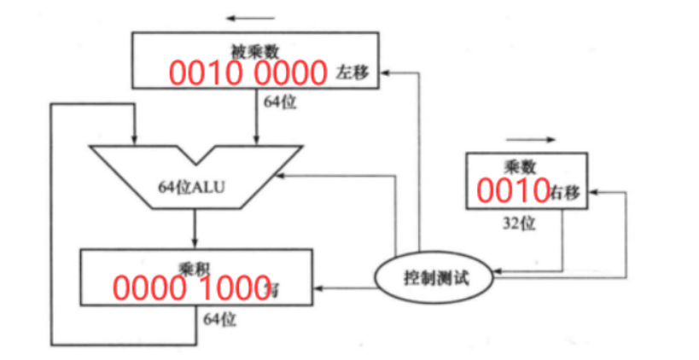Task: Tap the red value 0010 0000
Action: [248, 73]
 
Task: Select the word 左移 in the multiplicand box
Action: [352, 73]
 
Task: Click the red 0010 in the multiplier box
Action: [511, 191]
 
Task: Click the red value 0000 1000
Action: [191, 289]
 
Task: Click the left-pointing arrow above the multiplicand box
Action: [251, 18]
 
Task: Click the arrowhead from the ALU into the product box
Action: [195, 243]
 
